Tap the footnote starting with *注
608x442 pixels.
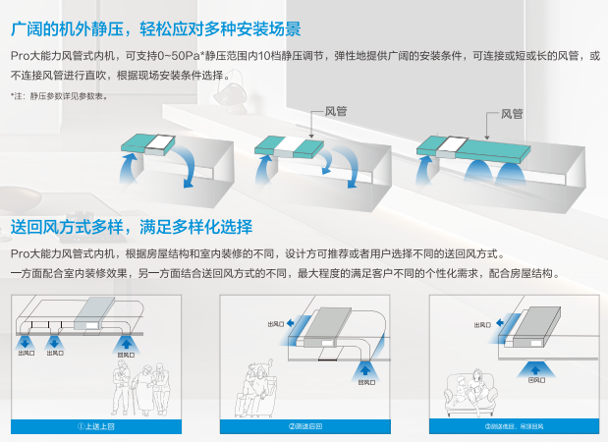click(60, 95)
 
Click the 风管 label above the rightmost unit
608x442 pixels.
click(512, 113)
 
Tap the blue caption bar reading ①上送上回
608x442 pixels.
click(97, 425)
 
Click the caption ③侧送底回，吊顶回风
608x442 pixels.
click(514, 425)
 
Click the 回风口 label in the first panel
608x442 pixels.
click(125, 355)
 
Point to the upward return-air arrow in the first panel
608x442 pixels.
click(125, 342)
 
